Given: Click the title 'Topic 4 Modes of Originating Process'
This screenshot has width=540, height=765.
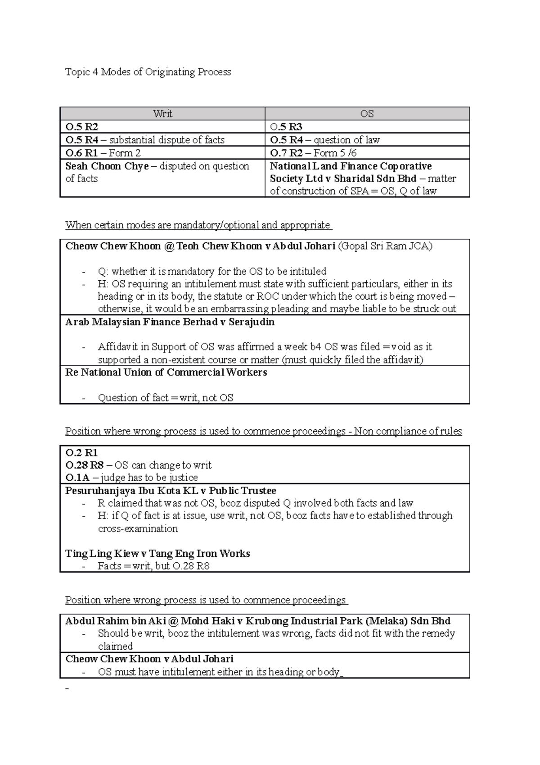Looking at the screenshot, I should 148,72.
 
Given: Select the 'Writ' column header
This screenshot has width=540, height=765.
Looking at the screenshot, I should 162,114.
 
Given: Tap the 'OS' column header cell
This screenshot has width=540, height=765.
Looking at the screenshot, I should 367,114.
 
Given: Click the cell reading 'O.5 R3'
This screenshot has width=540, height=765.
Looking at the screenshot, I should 286,127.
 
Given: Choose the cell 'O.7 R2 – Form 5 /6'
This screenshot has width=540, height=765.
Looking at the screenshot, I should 313,153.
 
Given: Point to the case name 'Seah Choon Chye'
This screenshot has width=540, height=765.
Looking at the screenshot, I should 107,166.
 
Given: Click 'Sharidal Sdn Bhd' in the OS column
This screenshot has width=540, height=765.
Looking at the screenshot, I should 375,179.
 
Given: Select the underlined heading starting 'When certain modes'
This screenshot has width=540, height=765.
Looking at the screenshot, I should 198,225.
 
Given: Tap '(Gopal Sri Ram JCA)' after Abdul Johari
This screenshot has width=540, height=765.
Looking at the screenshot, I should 385,246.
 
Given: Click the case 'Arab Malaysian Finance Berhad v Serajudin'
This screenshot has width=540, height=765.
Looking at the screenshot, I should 170,322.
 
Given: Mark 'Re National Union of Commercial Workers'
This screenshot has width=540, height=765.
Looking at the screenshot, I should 166,373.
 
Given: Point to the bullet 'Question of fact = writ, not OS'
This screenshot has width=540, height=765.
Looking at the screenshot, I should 165,398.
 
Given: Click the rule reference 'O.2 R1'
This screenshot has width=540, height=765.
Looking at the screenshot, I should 81,453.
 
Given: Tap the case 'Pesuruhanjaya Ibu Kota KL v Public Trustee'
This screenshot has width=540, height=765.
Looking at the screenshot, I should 171,491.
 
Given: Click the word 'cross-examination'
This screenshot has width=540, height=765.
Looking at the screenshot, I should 138,528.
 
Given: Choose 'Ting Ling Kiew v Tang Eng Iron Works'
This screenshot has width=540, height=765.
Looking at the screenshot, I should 157,554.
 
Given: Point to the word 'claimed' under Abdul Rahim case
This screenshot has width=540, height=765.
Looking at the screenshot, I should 115,646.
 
